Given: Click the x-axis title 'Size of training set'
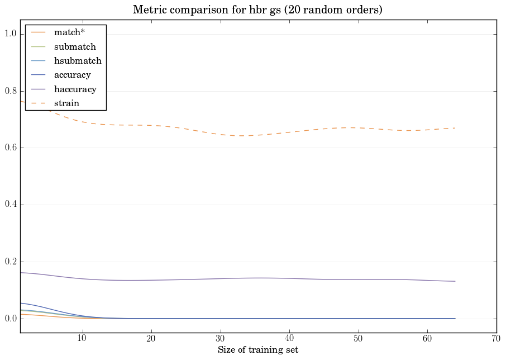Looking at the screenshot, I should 257,350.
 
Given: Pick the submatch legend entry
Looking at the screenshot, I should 75,46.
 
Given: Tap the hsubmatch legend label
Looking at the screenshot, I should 78,60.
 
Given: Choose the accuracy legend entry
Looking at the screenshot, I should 72,74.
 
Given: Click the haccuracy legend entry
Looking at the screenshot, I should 75,89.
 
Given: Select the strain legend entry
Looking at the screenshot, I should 66,103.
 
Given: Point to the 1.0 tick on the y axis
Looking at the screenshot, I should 11,34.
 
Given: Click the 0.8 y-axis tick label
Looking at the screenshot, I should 11,91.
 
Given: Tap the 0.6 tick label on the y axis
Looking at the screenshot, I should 11,148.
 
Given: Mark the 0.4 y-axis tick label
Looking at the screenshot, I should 11,205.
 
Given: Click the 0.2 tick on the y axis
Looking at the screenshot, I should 11,262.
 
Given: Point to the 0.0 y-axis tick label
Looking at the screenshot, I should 11,319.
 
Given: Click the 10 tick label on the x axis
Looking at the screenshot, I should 82,339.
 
